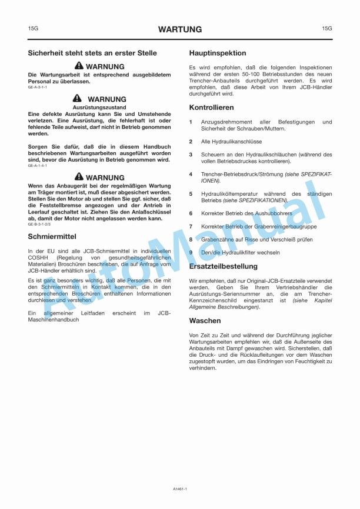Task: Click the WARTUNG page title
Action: (x=180, y=29)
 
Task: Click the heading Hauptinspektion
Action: (x=217, y=53)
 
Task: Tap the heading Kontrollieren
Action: (x=212, y=108)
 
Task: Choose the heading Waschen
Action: (x=205, y=321)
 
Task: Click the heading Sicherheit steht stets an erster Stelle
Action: (x=92, y=53)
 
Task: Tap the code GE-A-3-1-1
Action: (x=38, y=87)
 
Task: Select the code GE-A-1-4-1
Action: (x=38, y=166)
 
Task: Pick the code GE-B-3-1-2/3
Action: (x=39, y=224)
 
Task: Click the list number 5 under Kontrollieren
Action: (x=191, y=194)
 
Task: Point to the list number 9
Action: (x=191, y=252)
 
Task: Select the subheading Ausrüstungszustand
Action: (x=99, y=108)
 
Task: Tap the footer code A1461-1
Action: (x=180, y=488)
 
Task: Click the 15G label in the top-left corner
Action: (x=33, y=28)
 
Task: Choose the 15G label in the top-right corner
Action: (x=327, y=28)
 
